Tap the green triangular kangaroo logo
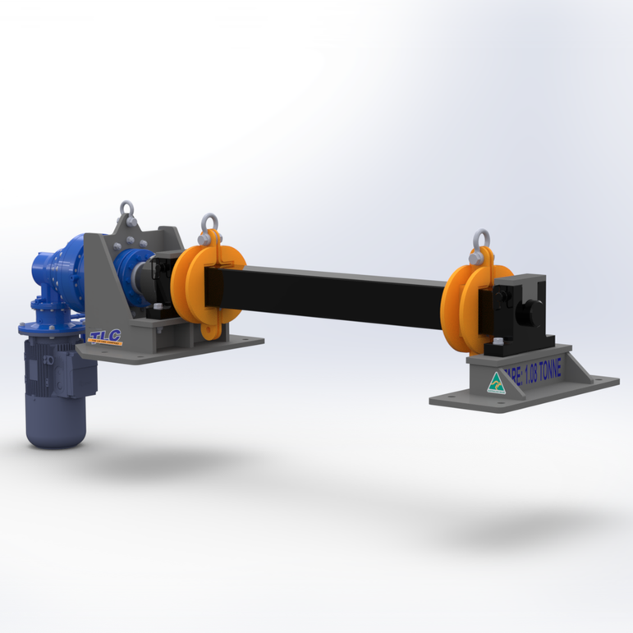point(496,383)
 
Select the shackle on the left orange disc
point(209,224)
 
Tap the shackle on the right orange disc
point(480,241)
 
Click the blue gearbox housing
point(66,271)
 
